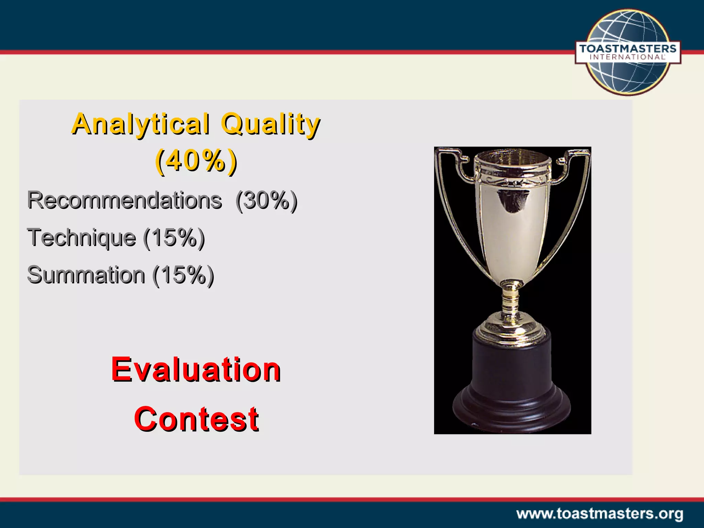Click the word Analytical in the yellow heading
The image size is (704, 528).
141,124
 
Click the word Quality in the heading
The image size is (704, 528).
271,124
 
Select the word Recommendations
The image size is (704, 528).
124,200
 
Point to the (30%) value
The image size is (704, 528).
266,200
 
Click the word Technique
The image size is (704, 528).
82,238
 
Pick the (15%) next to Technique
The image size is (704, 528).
174,238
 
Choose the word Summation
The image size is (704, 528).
86,275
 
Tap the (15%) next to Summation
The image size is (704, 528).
183,275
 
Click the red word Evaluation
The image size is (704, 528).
196,370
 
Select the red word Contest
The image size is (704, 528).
196,419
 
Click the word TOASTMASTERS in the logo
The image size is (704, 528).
628,48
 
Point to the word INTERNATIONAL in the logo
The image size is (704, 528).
628,57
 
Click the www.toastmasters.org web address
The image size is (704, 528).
600,514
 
